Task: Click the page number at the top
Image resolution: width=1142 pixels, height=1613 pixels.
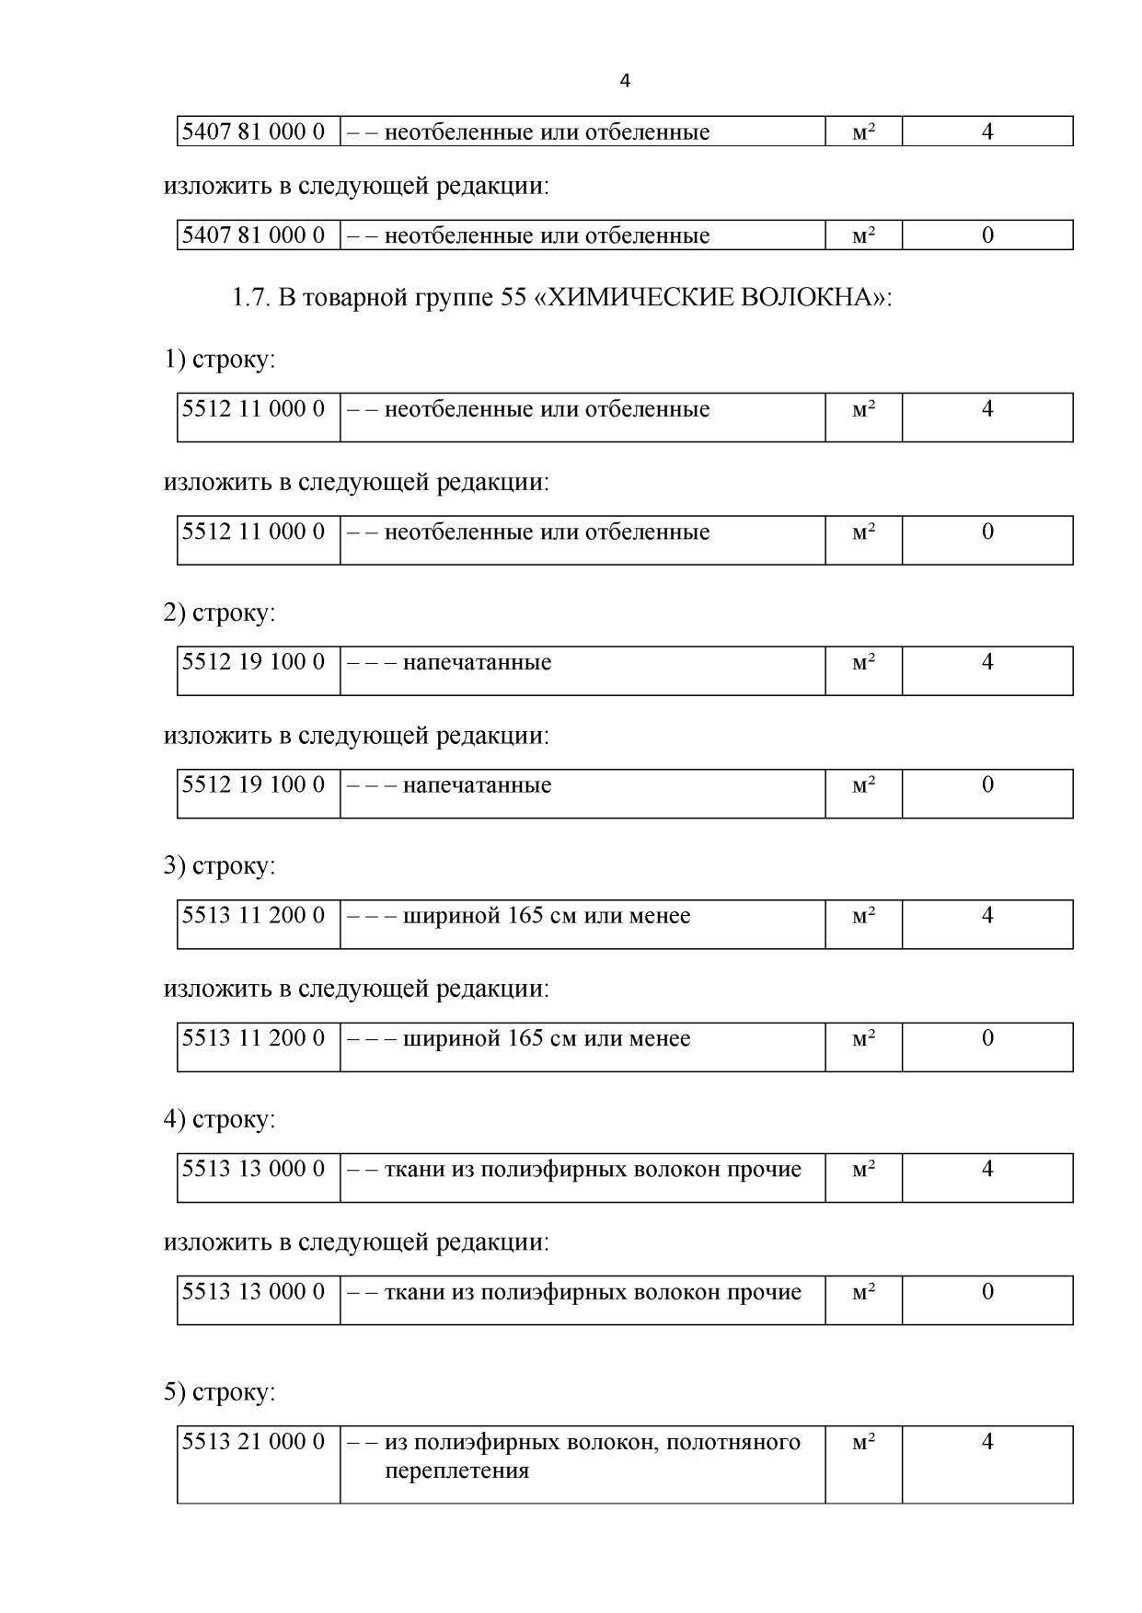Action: pyautogui.click(x=625, y=81)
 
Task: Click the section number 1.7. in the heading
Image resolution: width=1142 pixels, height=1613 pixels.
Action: pyautogui.click(x=251, y=298)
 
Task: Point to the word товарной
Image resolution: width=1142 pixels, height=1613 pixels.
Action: pyautogui.click(x=352, y=298)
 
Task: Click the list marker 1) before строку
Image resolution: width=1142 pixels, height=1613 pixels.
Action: pyautogui.click(x=175, y=359)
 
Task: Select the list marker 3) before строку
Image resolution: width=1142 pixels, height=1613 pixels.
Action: pyautogui.click(x=175, y=865)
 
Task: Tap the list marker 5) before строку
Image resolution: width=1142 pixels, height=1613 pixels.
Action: pyautogui.click(x=175, y=1391)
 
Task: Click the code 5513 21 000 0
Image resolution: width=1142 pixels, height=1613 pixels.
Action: pyautogui.click(x=254, y=1441)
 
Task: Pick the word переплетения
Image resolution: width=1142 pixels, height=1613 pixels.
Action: pyautogui.click(x=456, y=1470)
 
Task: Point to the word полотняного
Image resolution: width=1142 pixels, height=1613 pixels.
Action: pyautogui.click(x=732, y=1441)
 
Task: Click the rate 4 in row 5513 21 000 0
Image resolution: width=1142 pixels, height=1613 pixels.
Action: pyautogui.click(x=987, y=1441)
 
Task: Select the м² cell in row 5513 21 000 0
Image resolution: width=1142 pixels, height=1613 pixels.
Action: pyautogui.click(x=863, y=1441)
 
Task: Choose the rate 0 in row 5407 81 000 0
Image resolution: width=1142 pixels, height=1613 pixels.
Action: pyautogui.click(x=987, y=235)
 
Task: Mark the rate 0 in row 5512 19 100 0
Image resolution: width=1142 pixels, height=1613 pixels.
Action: pyautogui.click(x=987, y=784)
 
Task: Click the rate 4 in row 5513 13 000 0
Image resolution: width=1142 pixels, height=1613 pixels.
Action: pyautogui.click(x=987, y=1169)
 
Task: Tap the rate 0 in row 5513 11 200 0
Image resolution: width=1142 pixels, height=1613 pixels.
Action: pyautogui.click(x=987, y=1038)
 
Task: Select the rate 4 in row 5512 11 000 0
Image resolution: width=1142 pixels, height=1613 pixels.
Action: pyautogui.click(x=987, y=408)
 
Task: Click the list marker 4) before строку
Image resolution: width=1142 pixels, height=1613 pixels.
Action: pyautogui.click(x=175, y=1119)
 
